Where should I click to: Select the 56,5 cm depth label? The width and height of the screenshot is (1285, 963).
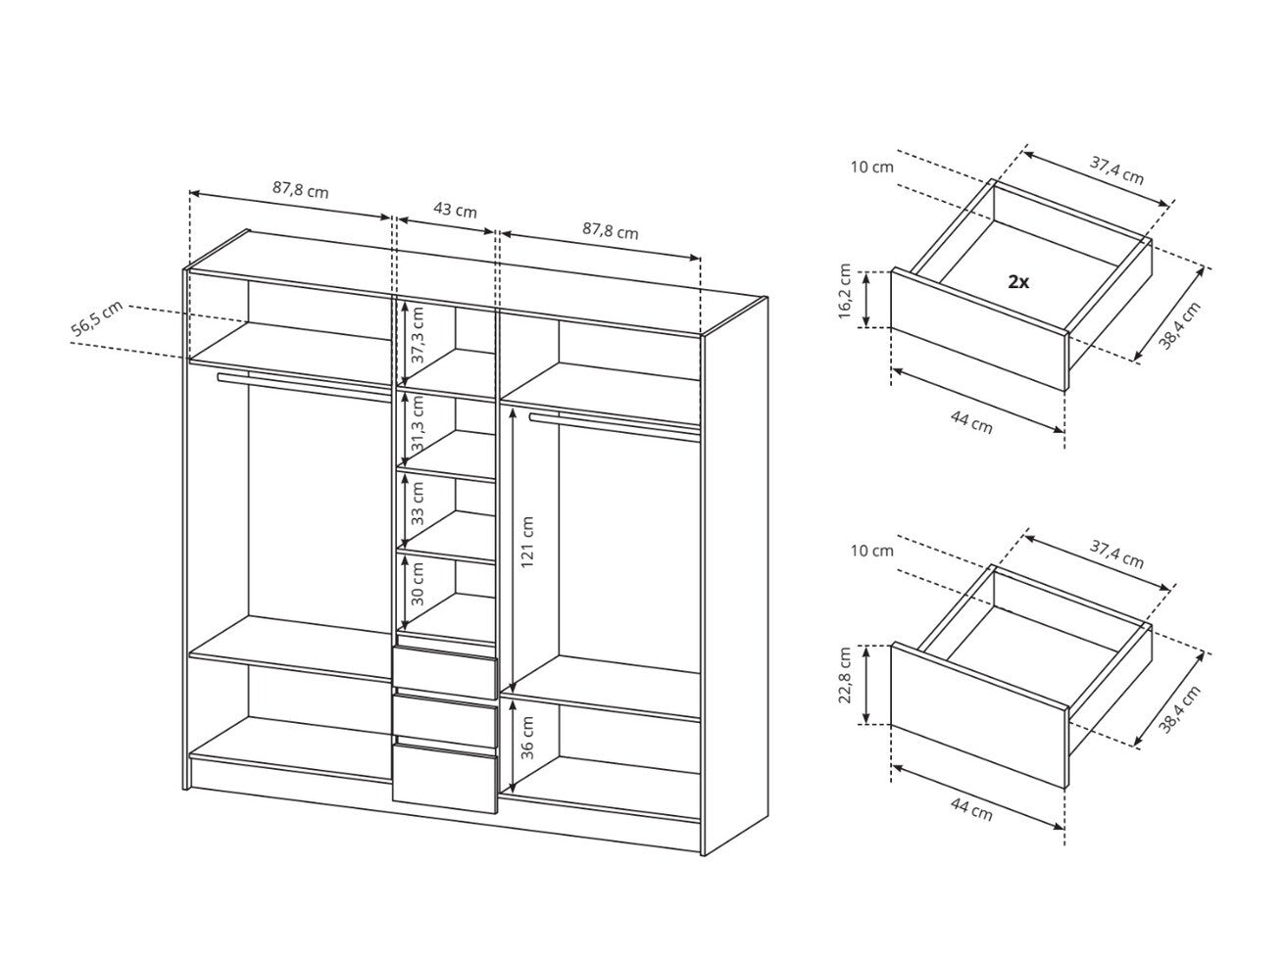pyautogui.click(x=97, y=321)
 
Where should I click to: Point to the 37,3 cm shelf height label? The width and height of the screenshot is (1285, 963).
pyautogui.click(x=418, y=335)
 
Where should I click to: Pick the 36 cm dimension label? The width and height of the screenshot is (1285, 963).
pyautogui.click(x=526, y=737)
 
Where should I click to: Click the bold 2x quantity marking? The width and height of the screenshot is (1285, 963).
pyautogui.click(x=1017, y=282)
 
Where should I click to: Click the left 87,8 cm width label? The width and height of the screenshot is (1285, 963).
pyautogui.click(x=301, y=190)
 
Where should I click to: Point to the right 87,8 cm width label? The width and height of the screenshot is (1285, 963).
pyautogui.click(x=610, y=231)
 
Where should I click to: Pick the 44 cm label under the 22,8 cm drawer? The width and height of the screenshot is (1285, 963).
pyautogui.click(x=970, y=808)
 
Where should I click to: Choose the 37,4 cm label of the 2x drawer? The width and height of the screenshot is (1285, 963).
pyautogui.click(x=1116, y=171)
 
